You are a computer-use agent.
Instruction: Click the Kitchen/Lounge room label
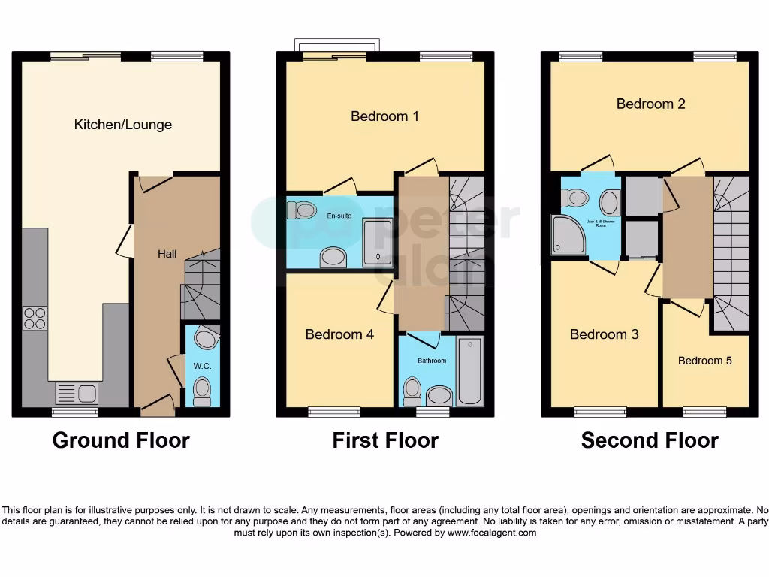coord(122,125)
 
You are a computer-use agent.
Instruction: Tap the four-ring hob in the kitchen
coord(35,319)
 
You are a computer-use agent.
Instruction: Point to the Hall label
coord(167,254)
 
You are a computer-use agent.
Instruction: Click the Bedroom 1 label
coord(384,116)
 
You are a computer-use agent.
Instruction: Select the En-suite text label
coord(339,216)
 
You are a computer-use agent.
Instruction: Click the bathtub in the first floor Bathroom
coord(470,371)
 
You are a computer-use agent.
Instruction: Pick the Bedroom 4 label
coord(339,334)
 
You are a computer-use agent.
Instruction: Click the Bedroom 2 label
coord(650,104)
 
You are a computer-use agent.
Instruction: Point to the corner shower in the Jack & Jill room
coord(568,233)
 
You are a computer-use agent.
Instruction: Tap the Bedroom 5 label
coord(704,361)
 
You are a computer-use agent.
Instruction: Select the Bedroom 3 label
coord(604,334)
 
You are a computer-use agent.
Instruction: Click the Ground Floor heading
coord(121,440)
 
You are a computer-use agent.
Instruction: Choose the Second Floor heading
coord(650,440)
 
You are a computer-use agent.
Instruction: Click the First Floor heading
coord(385,440)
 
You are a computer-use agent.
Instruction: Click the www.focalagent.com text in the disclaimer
coord(493,533)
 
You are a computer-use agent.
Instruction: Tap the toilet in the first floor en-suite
coord(305,210)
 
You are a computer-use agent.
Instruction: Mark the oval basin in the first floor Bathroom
coord(437,395)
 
